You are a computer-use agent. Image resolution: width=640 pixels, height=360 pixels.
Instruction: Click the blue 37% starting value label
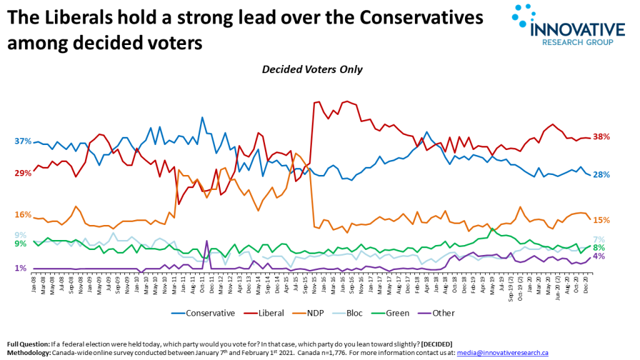(x=22, y=141)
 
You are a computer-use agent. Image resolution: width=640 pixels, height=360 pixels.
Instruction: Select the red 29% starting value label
(x=22, y=173)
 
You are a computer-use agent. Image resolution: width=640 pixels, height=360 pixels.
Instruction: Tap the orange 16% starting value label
(x=22, y=215)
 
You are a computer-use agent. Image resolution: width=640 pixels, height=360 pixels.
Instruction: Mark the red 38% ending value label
(x=601, y=137)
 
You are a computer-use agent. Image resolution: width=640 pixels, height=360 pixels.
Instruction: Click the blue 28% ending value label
(x=601, y=175)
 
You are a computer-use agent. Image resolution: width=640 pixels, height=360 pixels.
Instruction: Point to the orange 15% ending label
(x=601, y=220)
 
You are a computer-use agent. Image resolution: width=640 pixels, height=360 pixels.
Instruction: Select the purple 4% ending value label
(x=598, y=256)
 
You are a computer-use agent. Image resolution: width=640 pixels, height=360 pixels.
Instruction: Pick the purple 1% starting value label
(x=21, y=269)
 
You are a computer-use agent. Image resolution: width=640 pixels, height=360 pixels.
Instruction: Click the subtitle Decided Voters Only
(x=312, y=69)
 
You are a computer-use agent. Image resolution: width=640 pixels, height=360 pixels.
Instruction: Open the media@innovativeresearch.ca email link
(x=502, y=353)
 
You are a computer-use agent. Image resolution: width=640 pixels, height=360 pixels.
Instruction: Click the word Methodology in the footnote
(x=29, y=353)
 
